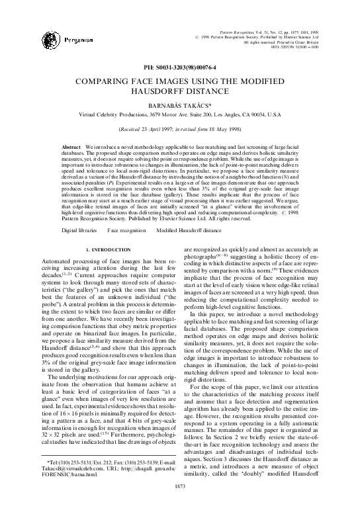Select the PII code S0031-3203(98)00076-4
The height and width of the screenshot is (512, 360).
tap(180, 68)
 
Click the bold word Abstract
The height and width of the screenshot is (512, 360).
tap(71, 145)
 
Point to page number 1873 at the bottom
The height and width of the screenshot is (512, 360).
tap(180, 504)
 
